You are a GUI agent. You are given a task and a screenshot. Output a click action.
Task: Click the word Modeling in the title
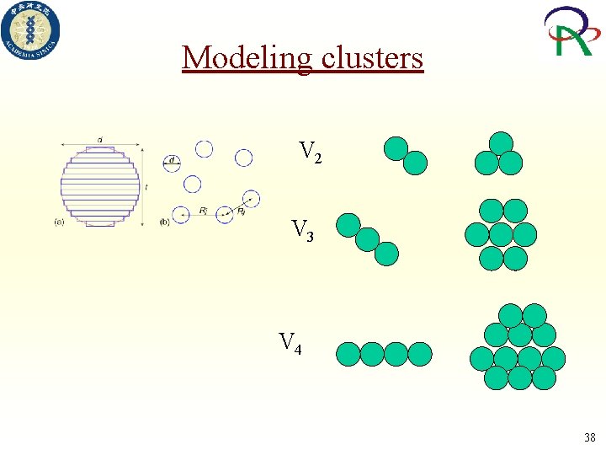coord(245,58)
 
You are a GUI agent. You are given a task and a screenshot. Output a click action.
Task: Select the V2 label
coord(310,152)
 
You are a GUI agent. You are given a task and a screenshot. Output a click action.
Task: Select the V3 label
coord(302,229)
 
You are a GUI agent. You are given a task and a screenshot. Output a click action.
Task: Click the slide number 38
coord(589,437)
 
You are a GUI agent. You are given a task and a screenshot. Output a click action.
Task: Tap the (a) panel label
coord(59,222)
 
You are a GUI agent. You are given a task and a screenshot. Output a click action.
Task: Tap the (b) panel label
coord(164,222)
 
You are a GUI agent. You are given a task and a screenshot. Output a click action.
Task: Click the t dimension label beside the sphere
coord(146,186)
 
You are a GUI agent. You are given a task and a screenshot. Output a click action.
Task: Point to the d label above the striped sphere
coord(100,139)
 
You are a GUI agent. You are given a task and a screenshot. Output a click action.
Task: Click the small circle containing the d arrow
coord(173,162)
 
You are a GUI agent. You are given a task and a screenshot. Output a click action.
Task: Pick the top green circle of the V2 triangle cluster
coord(501,143)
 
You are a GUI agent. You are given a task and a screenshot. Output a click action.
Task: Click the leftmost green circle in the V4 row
coord(348,354)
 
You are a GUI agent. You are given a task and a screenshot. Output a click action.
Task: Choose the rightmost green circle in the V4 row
coord(419,354)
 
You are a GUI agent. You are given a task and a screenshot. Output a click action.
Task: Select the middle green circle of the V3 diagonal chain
coord(367,239)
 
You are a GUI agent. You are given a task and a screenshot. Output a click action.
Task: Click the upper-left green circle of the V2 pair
coord(396,149)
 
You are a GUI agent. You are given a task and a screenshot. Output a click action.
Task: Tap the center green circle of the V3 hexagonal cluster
coord(501,234)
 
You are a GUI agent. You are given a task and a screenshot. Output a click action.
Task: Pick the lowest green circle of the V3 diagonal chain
coord(386,253)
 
